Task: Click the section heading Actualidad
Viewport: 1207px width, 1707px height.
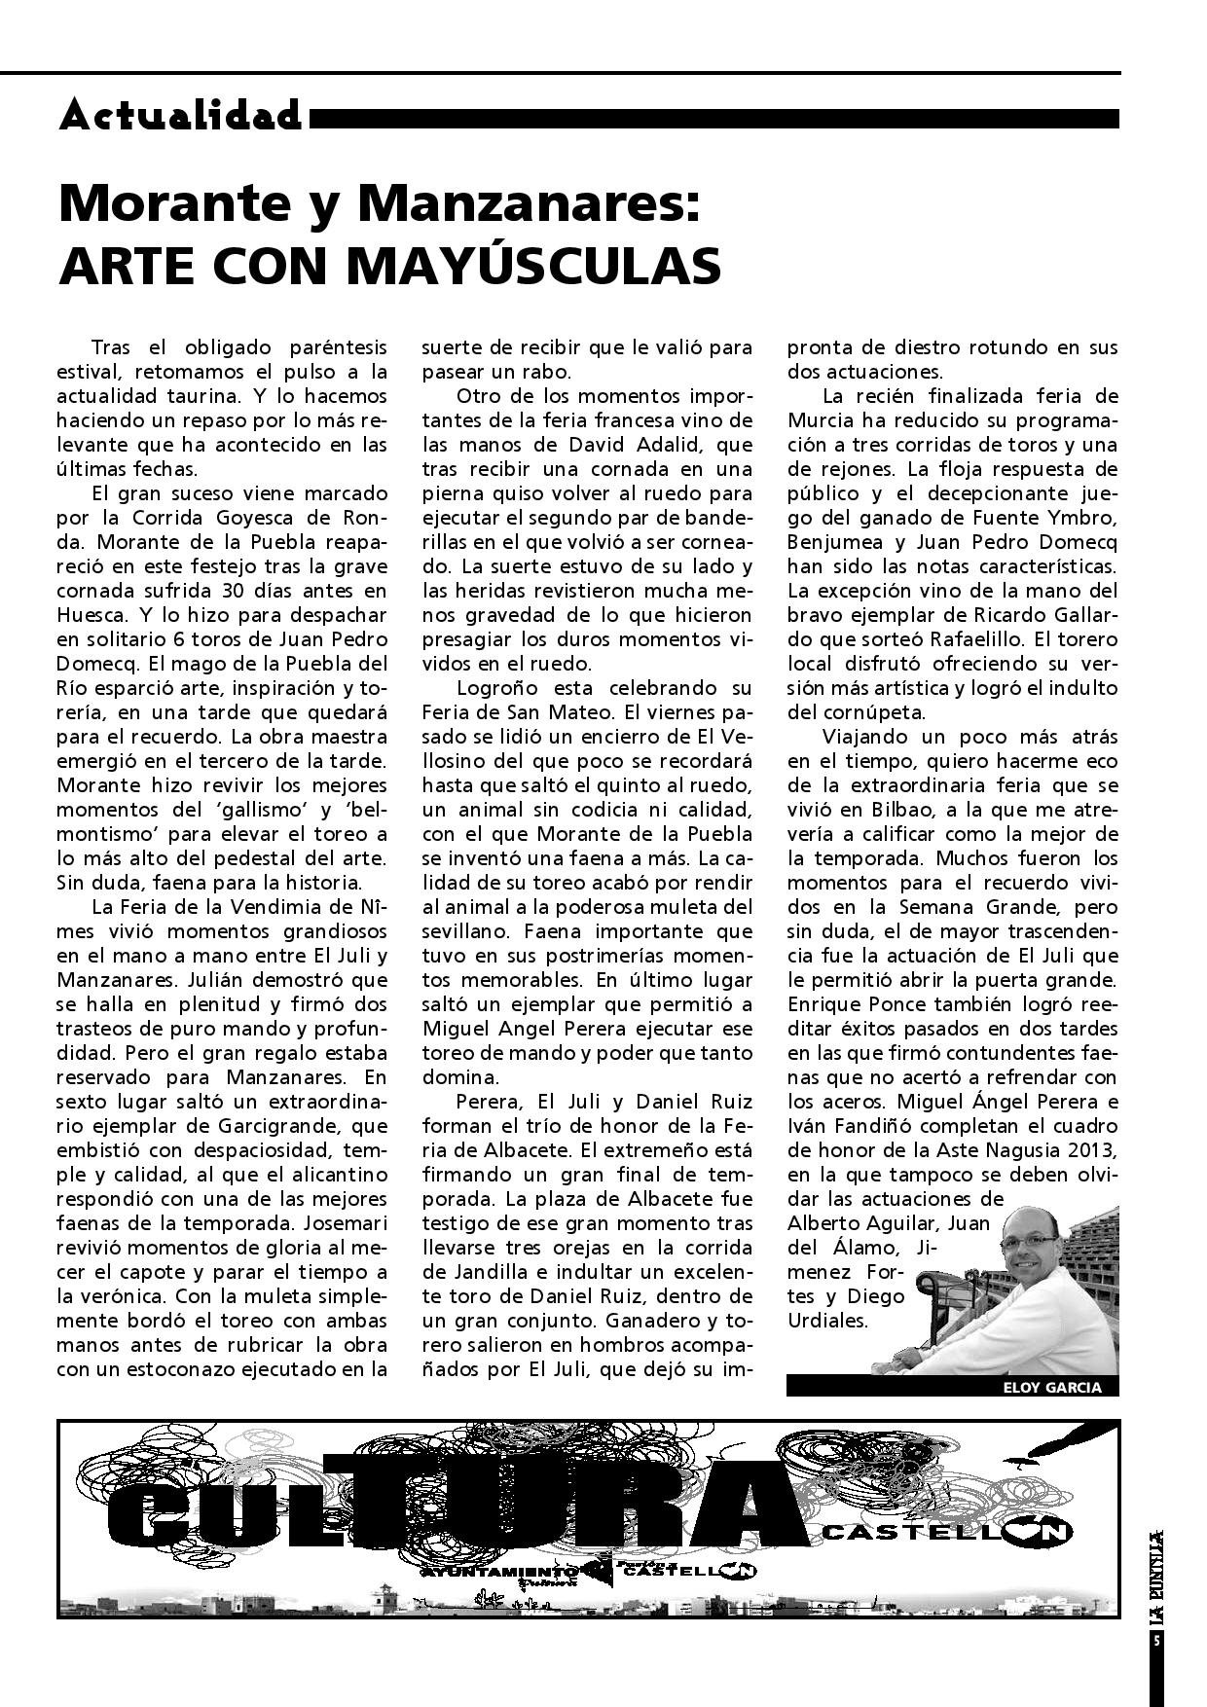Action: [181, 116]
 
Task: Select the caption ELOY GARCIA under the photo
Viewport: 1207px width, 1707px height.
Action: [1051, 1388]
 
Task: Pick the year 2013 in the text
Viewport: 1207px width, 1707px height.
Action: [1095, 1150]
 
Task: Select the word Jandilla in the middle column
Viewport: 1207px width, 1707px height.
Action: [464, 1272]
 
